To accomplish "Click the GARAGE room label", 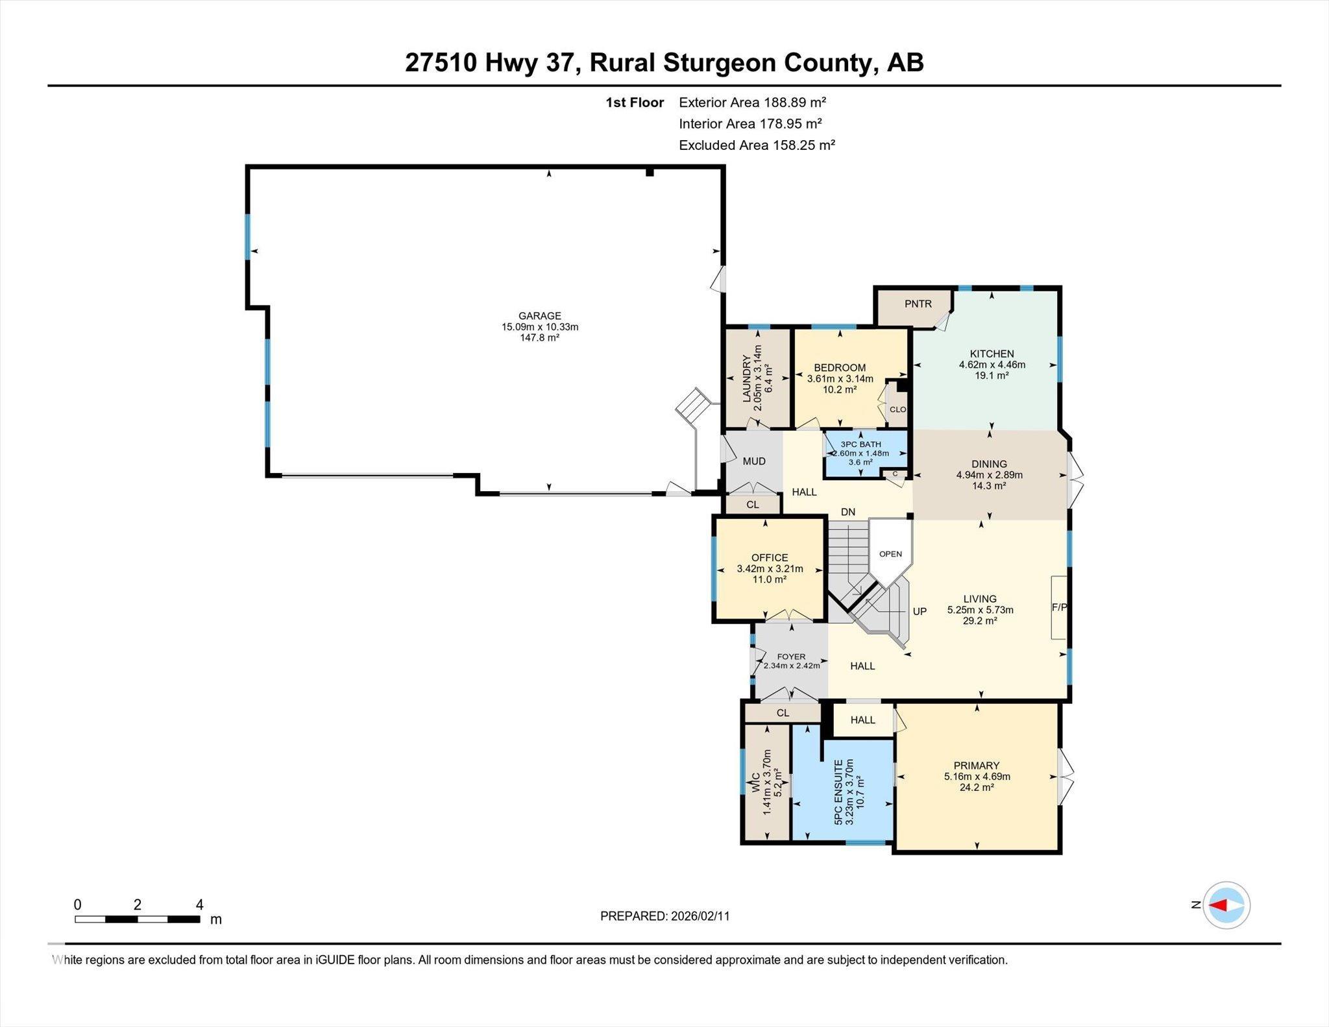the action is click(539, 316).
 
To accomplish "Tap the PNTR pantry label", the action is click(918, 304).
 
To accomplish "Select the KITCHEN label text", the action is click(992, 354).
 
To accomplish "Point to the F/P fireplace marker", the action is click(1059, 607).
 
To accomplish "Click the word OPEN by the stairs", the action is click(890, 554).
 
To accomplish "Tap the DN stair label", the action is click(848, 512).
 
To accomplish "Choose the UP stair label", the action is click(920, 611).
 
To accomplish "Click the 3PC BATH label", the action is click(860, 444).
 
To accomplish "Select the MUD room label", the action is click(754, 461).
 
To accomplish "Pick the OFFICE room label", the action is click(770, 557).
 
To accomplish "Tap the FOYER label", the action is click(791, 657).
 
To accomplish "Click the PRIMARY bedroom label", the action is click(977, 766).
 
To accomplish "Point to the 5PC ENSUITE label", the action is click(838, 792).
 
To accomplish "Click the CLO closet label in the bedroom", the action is click(897, 409).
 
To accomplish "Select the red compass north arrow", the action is click(1218, 905).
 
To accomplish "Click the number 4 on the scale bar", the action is click(200, 904).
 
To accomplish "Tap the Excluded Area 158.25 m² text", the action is click(757, 145).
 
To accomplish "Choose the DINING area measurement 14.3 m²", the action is click(989, 485).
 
